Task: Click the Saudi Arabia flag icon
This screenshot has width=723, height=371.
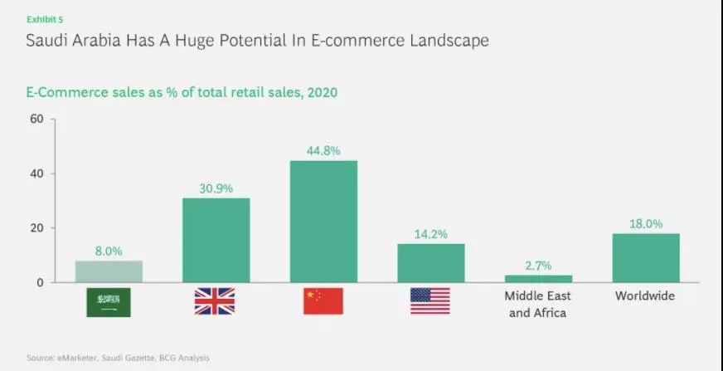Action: pyautogui.click(x=109, y=302)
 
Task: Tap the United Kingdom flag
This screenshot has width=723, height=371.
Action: pyautogui.click(x=215, y=301)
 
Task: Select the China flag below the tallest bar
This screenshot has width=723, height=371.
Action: pyautogui.click(x=323, y=301)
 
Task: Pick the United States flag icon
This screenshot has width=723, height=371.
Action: pyautogui.click(x=430, y=301)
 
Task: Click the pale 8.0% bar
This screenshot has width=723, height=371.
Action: pyautogui.click(x=109, y=271)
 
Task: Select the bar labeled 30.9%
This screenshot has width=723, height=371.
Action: pyautogui.click(x=216, y=241)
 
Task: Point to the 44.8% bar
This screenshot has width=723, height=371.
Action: pyautogui.click(x=323, y=222)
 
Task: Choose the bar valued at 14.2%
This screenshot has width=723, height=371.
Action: pyautogui.click(x=430, y=263)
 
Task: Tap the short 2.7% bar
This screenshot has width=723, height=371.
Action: pyautogui.click(x=538, y=279)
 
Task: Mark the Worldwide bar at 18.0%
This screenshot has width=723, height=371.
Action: pyautogui.click(x=645, y=258)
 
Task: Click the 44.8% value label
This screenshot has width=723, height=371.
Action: pyautogui.click(x=323, y=150)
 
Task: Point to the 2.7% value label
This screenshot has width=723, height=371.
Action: pyautogui.click(x=538, y=265)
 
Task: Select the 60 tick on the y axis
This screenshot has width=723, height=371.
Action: pyautogui.click(x=36, y=119)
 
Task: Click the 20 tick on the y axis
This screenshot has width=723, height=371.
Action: pyautogui.click(x=36, y=228)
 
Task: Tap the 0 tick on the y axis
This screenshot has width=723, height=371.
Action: pyautogui.click(x=39, y=282)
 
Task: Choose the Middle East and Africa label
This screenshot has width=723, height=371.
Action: pyautogui.click(x=538, y=304)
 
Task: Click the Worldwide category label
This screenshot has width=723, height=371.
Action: pyautogui.click(x=645, y=296)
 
